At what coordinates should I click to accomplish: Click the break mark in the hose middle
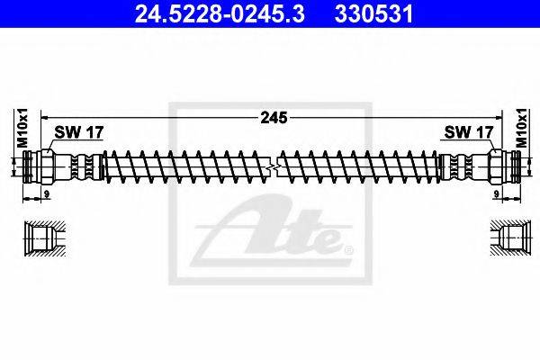point(273,167)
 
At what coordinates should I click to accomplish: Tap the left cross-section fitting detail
point(42,238)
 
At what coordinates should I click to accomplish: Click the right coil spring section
point(360,167)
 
